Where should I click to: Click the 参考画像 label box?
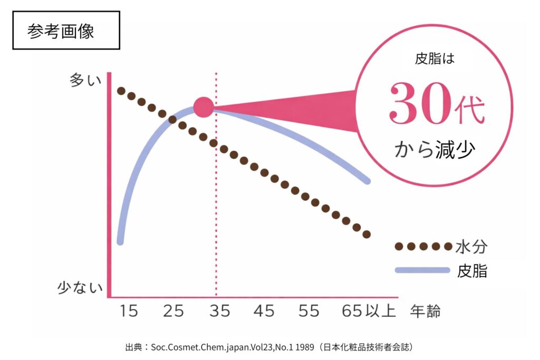click(x=66, y=31)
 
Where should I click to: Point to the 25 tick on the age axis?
click(x=173, y=312)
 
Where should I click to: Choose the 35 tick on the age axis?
click(x=219, y=312)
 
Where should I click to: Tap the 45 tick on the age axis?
click(x=264, y=312)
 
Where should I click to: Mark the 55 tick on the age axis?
click(x=308, y=312)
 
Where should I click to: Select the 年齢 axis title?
click(x=425, y=312)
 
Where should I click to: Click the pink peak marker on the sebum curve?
click(x=204, y=107)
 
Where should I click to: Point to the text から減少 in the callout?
click(x=435, y=150)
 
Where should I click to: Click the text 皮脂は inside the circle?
click(x=435, y=59)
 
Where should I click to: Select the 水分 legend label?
click(x=471, y=246)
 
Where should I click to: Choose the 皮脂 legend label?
click(x=471, y=271)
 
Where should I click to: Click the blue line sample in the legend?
click(x=422, y=270)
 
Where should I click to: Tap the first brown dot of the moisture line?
click(x=121, y=91)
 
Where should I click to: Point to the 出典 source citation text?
click(x=269, y=347)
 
